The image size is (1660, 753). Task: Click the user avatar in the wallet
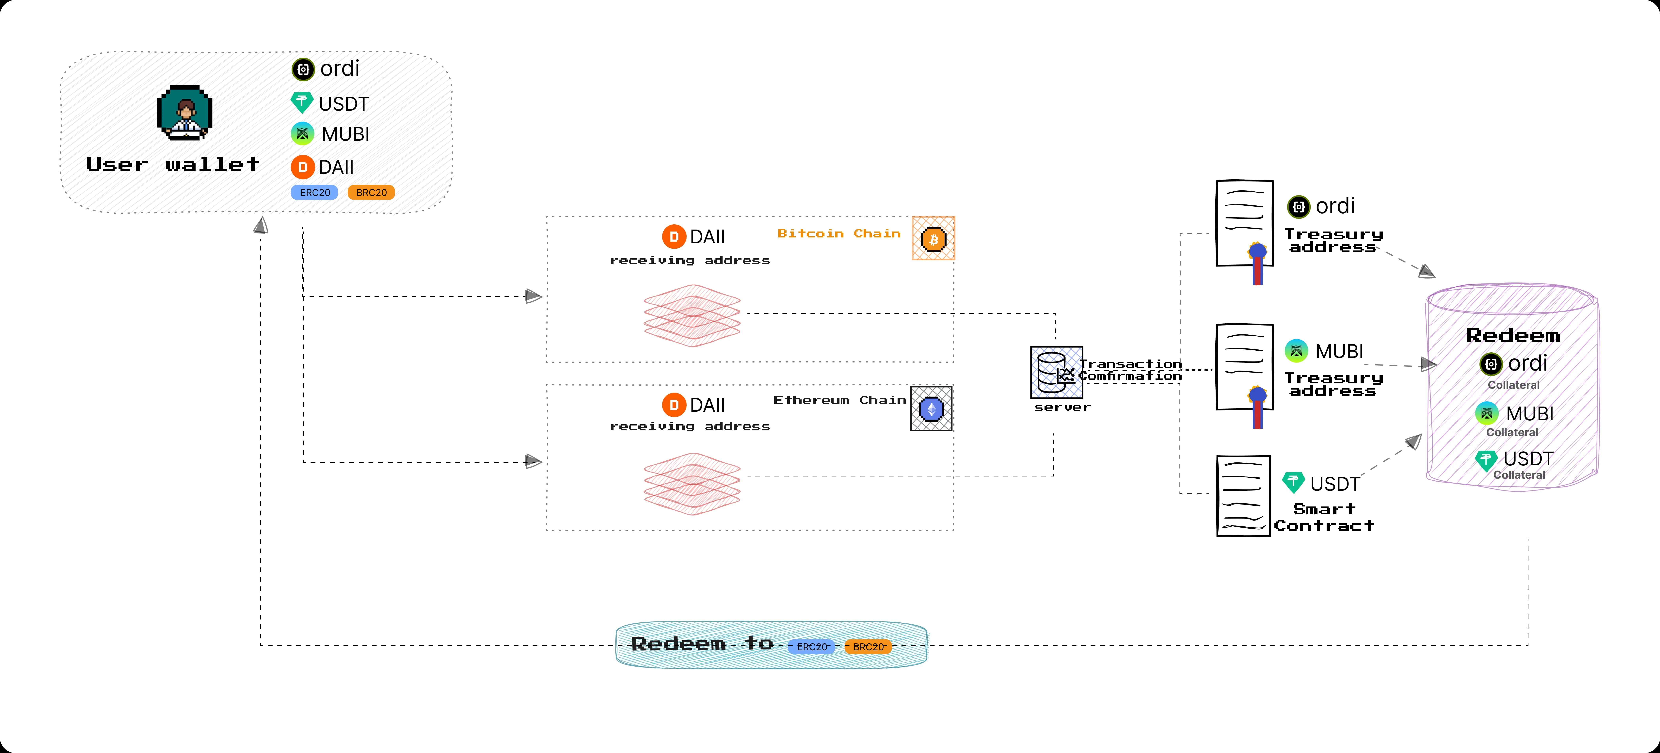pyautogui.click(x=185, y=113)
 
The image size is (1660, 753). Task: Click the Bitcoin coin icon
pyautogui.click(x=933, y=239)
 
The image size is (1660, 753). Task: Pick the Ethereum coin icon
pyautogui.click(x=931, y=409)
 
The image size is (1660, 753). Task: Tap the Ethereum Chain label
pyautogui.click(x=839, y=400)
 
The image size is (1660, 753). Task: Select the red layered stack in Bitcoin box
pyautogui.click(x=692, y=315)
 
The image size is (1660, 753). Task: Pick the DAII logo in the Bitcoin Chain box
pyautogui.click(x=673, y=237)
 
